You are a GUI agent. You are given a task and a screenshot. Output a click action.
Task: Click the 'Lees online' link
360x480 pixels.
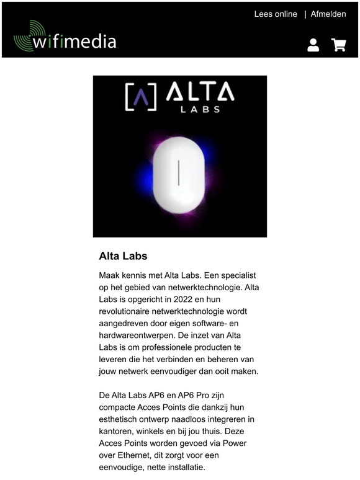(276, 14)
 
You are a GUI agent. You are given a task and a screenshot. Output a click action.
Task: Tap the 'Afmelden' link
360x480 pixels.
(328, 14)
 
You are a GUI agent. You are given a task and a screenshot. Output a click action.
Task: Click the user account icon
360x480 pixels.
(313, 45)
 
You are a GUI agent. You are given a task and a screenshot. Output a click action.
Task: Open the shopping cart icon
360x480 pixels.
(338, 45)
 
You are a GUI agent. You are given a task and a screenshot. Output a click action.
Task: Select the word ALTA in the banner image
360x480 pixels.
(200, 93)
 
